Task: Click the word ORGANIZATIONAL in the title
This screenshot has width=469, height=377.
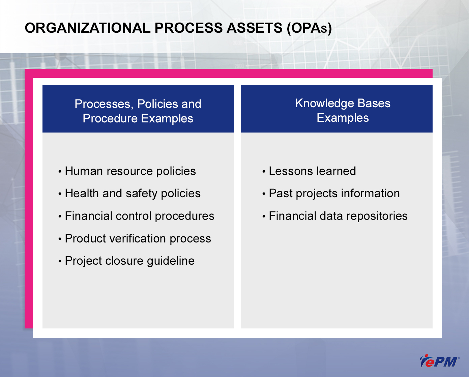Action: coord(88,28)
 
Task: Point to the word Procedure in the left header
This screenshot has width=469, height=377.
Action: coord(110,118)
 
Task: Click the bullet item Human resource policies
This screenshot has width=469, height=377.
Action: coord(130,171)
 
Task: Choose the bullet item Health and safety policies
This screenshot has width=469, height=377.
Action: coord(133,194)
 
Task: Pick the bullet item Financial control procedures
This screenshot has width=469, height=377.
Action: coord(140,216)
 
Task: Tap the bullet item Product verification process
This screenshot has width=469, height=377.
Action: coord(138,238)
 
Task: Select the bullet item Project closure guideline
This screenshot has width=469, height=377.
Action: coord(130,261)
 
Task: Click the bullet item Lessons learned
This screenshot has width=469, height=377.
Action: coord(312,171)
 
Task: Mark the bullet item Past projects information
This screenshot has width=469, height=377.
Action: coord(334,194)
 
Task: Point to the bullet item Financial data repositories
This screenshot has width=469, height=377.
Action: coord(338,216)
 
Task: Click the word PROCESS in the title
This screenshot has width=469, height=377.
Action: coord(188,28)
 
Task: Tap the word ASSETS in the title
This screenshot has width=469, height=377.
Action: coord(254,28)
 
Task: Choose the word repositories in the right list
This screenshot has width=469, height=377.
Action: coord(377,216)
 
